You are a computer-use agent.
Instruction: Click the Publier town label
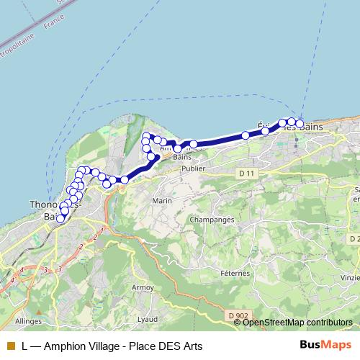coord(194,168)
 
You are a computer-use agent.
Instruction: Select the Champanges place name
coord(209,219)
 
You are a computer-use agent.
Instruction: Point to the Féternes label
coord(235,274)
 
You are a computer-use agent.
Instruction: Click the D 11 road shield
coord(246,174)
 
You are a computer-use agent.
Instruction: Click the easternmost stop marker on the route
coord(300,125)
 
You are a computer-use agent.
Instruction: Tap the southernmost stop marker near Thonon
coord(60,220)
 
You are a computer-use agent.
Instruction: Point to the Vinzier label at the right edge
coord(351,276)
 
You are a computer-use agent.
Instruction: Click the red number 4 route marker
coord(22,269)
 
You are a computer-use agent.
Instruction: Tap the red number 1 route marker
coord(102,230)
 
